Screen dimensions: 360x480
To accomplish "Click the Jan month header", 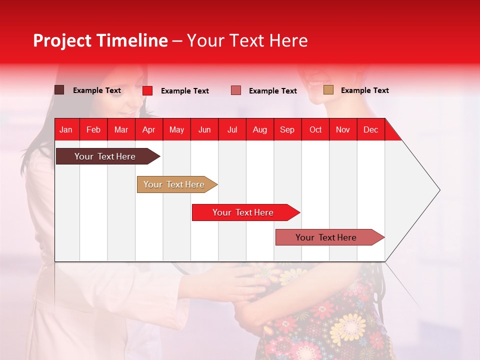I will (x=66, y=129).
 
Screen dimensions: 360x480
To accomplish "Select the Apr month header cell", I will (x=149, y=129).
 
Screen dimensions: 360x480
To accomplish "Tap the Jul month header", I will (x=232, y=129).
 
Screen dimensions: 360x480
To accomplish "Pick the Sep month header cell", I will (x=287, y=129).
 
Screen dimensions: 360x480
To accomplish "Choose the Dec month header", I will (x=370, y=129).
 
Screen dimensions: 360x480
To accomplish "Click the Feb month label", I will (x=93, y=129).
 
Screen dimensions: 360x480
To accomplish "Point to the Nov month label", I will (x=343, y=129).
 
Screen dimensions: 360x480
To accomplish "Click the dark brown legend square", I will (x=59, y=90).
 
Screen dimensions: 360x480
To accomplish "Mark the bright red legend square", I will (x=147, y=90).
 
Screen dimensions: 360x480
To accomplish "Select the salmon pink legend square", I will (x=236, y=90).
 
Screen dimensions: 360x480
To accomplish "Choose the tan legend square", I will (x=328, y=90).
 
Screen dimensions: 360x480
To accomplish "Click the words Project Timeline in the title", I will (x=100, y=40).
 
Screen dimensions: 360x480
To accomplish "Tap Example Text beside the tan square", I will (x=364, y=90).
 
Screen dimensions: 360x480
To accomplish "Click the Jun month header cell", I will (x=204, y=129).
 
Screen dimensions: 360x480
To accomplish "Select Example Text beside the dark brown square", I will (x=97, y=90).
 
